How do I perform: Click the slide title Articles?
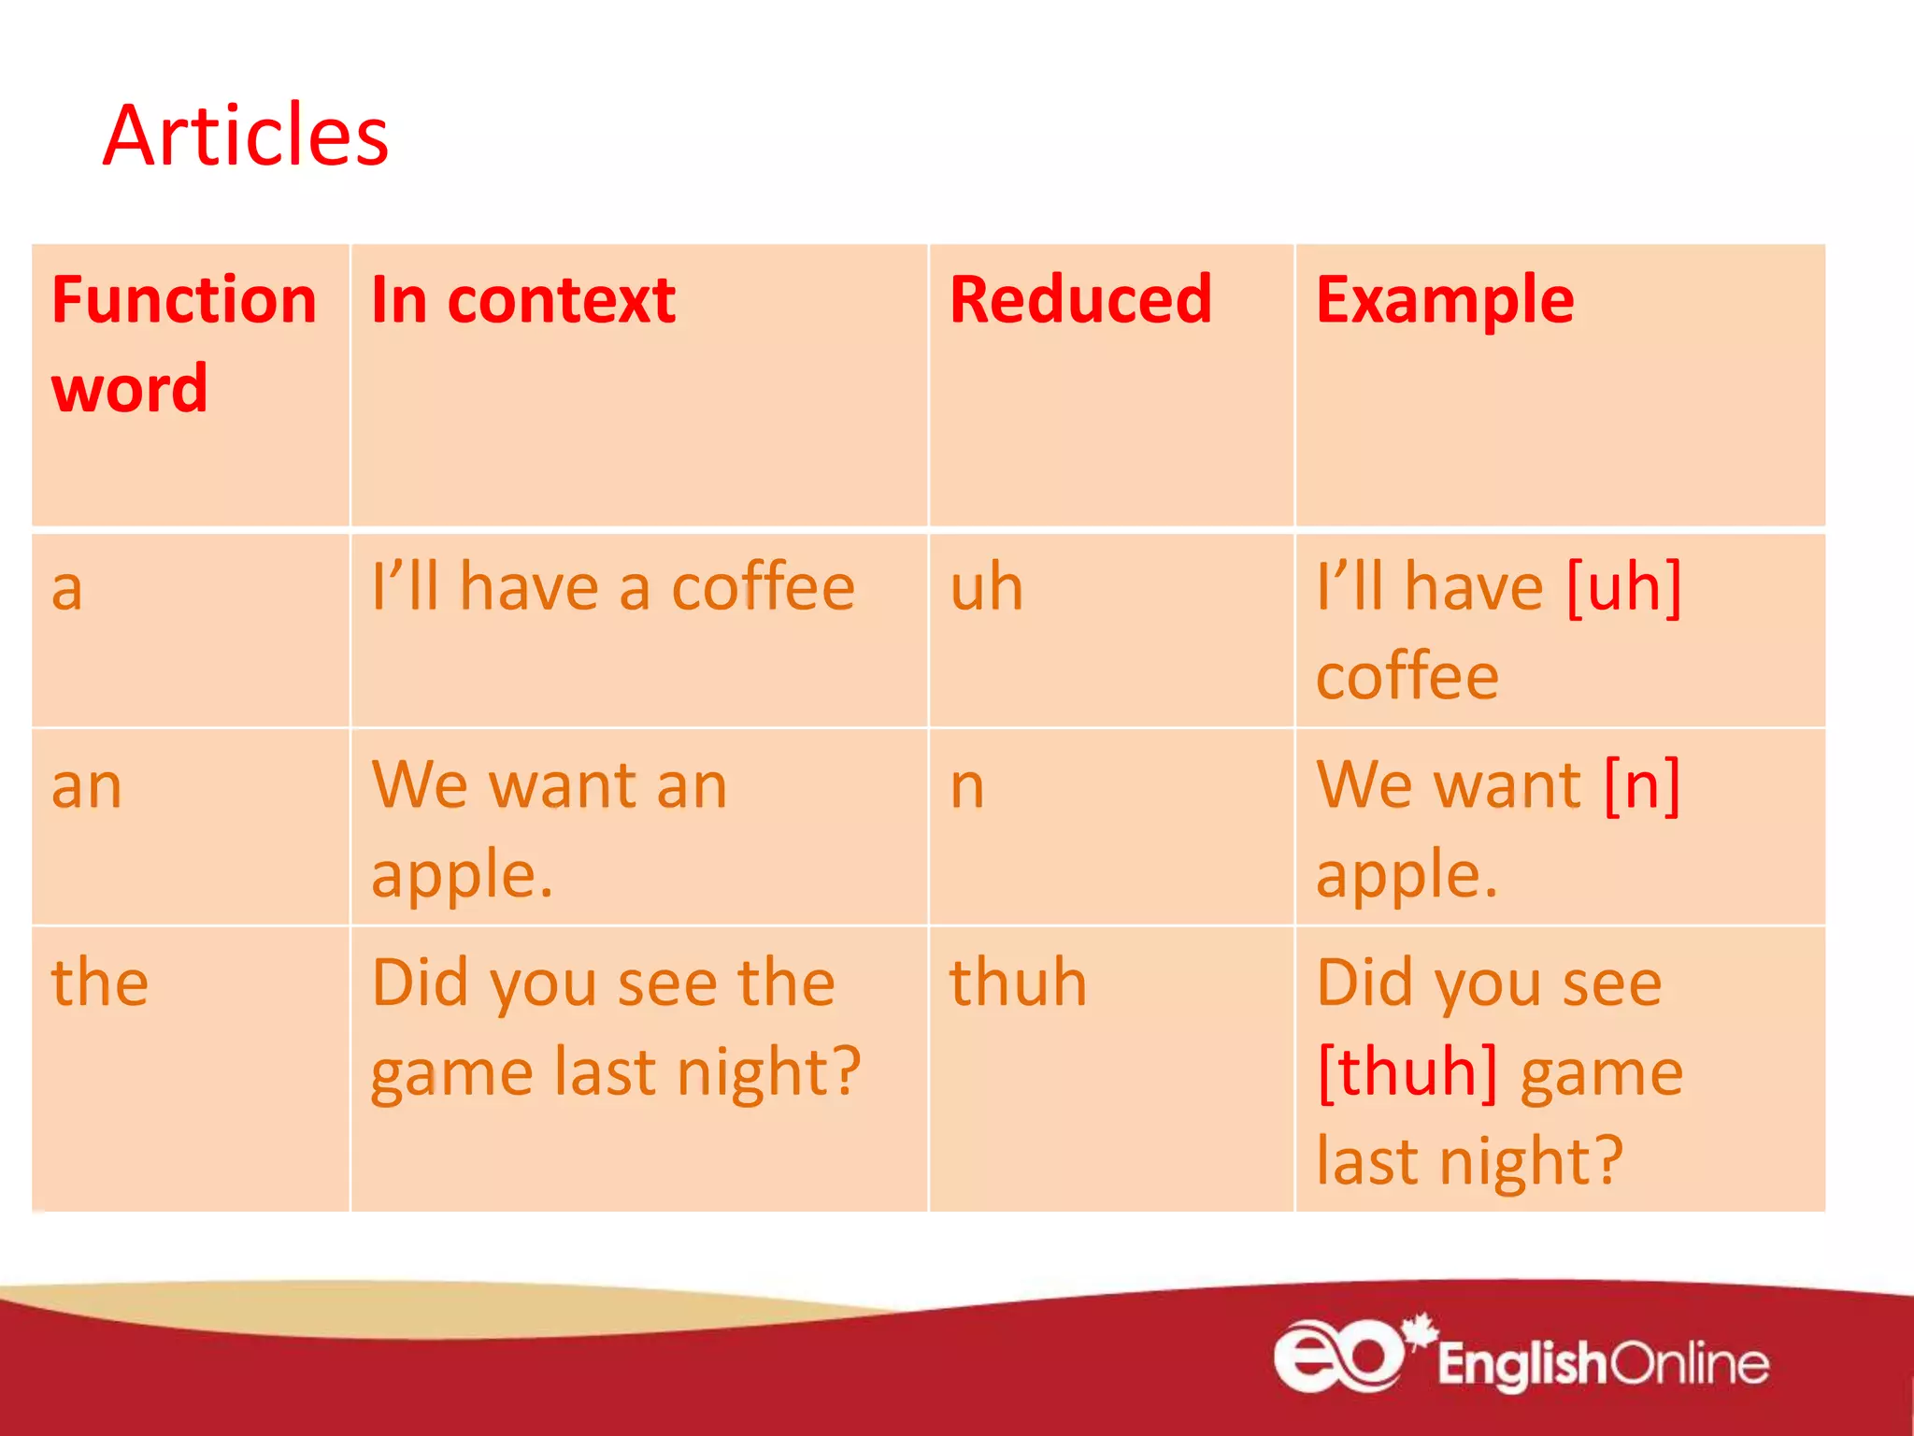[245, 136]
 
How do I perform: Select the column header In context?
[523, 301]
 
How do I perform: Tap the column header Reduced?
[1080, 301]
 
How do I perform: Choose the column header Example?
[1445, 301]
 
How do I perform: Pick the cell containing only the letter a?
[67, 589]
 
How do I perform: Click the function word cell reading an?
[87, 786]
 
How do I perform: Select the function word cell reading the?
[100, 984]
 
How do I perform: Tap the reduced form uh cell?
[987, 589]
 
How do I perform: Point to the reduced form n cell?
[967, 786]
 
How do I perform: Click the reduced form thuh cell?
[1019, 984]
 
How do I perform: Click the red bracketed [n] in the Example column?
[1642, 786]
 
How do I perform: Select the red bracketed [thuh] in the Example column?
[1407, 1073]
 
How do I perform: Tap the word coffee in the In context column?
[763, 589]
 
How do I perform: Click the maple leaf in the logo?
[1421, 1331]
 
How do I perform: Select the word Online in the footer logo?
[1689, 1364]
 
